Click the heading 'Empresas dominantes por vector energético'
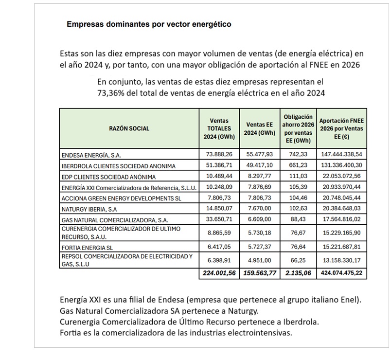148,24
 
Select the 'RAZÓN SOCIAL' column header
130,128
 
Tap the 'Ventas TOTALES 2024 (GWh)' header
219,128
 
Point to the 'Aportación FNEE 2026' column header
341,128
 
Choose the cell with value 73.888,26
219,155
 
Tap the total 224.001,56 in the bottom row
219,273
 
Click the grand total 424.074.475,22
341,273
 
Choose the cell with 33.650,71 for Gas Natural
219,219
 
